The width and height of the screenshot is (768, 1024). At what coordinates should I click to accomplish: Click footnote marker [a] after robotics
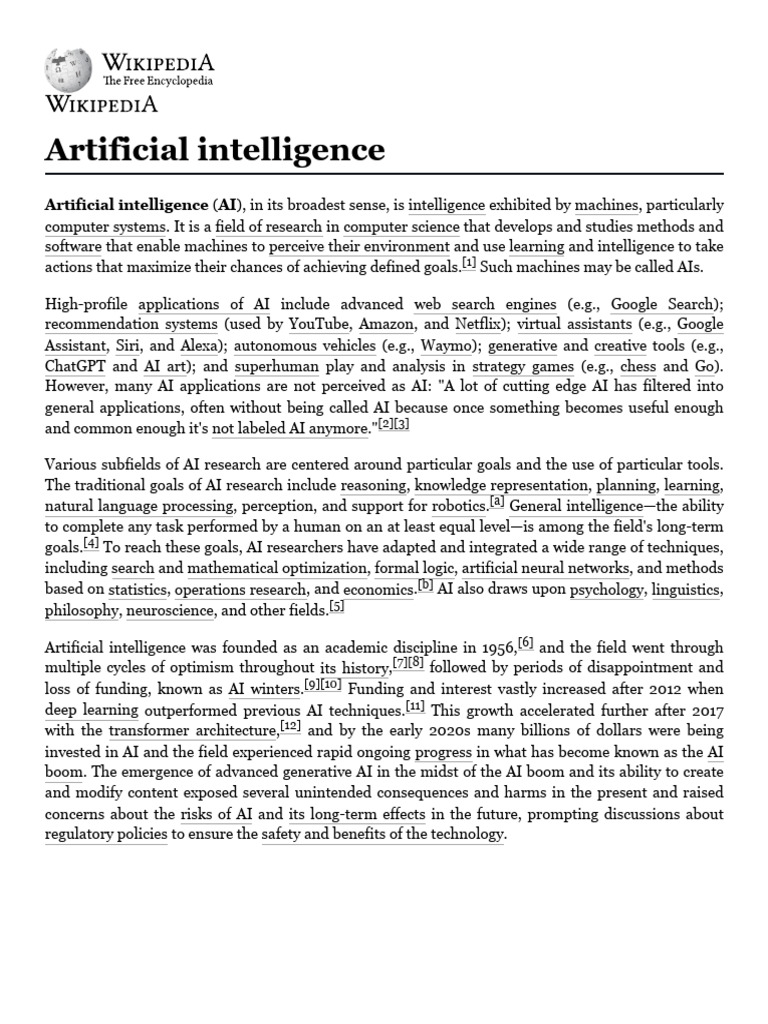click(x=496, y=501)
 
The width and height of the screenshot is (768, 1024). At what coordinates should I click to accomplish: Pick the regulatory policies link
click(x=106, y=835)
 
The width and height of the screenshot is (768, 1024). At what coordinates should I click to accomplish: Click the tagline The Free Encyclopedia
click(x=158, y=81)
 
